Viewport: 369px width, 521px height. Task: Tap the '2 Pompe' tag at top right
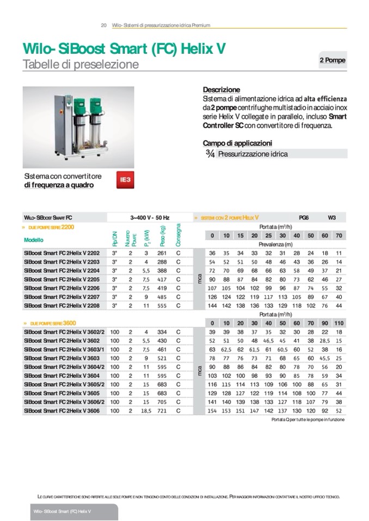click(332, 60)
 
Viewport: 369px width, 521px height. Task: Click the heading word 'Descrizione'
click(221, 90)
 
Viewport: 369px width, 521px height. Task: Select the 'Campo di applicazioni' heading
click(237, 143)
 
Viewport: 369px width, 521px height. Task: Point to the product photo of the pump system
click(78, 127)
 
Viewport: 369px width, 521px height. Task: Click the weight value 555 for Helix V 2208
click(162, 305)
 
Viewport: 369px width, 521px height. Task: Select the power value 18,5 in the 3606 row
click(146, 411)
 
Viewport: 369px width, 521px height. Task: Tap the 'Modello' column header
click(34, 240)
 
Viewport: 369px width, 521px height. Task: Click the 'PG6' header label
click(304, 217)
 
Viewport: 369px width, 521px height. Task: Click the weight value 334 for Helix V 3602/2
click(162, 332)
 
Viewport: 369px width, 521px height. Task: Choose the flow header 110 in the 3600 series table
click(339, 323)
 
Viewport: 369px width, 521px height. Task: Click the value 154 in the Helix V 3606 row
click(212, 411)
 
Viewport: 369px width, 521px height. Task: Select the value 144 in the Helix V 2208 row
click(212, 305)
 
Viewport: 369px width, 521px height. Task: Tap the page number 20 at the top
click(103, 25)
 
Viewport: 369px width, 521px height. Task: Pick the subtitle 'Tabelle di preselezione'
click(81, 65)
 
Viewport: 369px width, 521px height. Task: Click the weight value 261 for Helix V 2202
click(162, 253)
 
